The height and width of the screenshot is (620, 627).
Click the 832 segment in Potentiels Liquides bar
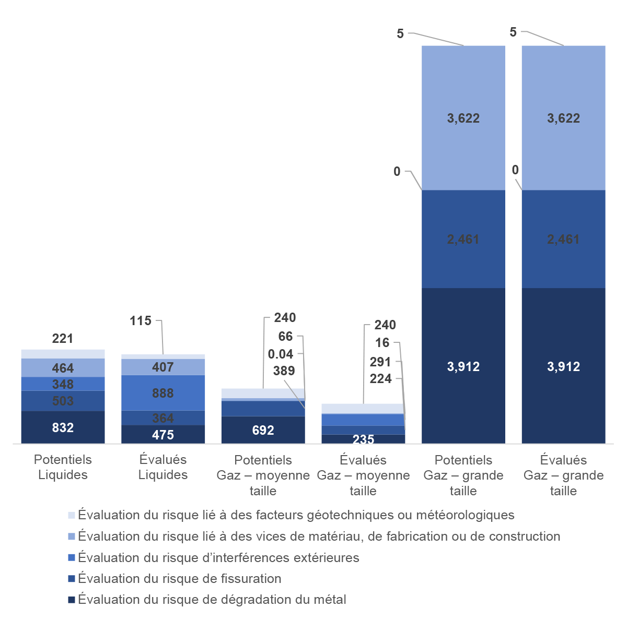click(x=63, y=427)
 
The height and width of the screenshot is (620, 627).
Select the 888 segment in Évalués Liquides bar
click(x=162, y=393)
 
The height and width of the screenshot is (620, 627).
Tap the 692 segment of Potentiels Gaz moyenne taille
click(x=263, y=430)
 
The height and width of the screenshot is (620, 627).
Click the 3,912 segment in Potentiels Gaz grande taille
click(x=463, y=366)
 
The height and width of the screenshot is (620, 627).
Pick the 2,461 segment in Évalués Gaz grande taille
click(x=563, y=239)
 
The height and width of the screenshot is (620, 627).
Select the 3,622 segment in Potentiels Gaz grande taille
click(x=463, y=118)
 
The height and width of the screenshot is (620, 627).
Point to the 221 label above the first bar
click(x=63, y=339)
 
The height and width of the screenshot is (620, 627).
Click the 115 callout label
click(x=141, y=321)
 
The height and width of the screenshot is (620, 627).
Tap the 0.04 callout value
click(x=281, y=354)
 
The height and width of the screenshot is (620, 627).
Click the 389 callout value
click(x=284, y=371)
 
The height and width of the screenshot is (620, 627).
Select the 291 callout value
click(x=380, y=362)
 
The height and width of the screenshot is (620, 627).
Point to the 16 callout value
click(x=382, y=343)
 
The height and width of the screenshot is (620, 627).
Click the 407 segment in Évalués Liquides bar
click(x=162, y=367)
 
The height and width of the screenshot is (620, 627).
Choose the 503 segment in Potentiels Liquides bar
click(x=63, y=401)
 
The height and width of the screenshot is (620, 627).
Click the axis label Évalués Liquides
click(x=162, y=467)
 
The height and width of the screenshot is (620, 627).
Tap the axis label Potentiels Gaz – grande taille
click(x=463, y=475)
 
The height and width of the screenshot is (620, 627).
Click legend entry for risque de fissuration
click(x=179, y=578)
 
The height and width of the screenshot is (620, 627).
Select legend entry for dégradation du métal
click(x=212, y=600)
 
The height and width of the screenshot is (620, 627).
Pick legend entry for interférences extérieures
click(x=218, y=557)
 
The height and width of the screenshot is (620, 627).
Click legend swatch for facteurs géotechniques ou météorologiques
click(x=72, y=515)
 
